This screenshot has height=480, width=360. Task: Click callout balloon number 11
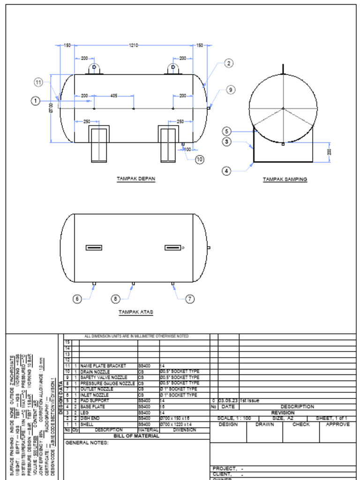38,82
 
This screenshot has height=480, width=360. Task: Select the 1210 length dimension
134,45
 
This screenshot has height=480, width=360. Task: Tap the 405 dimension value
114,96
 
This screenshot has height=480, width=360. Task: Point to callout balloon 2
228,63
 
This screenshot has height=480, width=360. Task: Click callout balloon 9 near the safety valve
231,90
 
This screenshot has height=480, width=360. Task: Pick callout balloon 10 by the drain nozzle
200,159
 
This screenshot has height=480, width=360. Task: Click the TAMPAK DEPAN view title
136,179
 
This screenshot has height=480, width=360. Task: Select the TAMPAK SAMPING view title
285,179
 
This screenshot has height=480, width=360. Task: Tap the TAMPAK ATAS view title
135,312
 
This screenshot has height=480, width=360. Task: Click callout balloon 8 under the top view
116,299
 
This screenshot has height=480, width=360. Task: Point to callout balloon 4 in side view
227,171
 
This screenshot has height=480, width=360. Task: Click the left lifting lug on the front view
94,68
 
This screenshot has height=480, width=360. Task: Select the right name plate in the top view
173,247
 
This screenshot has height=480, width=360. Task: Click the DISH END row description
89,418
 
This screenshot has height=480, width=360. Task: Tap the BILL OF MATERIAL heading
136,436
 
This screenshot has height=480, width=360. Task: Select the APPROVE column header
337,424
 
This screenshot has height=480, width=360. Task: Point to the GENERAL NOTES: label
87,442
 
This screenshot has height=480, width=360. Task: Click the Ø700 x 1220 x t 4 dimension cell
179,424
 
